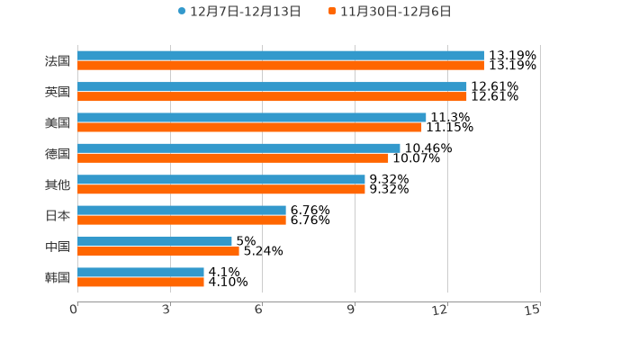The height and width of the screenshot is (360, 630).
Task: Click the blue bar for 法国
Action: (281, 56)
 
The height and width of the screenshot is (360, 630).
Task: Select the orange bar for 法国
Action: (281, 66)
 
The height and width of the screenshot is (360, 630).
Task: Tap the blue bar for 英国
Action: (272, 86)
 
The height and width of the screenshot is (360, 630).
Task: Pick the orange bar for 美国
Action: (249, 127)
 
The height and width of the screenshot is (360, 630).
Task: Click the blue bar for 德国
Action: (238, 148)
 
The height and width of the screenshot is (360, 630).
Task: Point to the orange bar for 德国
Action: (233, 157)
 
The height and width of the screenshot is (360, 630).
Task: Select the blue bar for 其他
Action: (221, 179)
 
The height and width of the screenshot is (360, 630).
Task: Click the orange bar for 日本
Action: (182, 220)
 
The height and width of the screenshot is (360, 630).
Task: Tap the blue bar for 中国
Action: (155, 241)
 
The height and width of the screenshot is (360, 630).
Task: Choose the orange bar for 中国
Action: (158, 251)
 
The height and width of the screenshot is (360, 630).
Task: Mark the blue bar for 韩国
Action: (140, 272)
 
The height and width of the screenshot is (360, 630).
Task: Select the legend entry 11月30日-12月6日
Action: (395, 12)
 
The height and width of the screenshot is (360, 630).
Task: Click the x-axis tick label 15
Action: (533, 310)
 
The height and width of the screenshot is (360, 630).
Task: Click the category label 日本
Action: (58, 215)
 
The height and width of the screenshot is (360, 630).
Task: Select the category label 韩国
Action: (58, 277)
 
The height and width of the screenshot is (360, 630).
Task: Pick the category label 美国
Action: (58, 122)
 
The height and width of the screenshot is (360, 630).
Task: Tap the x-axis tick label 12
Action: (440, 310)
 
